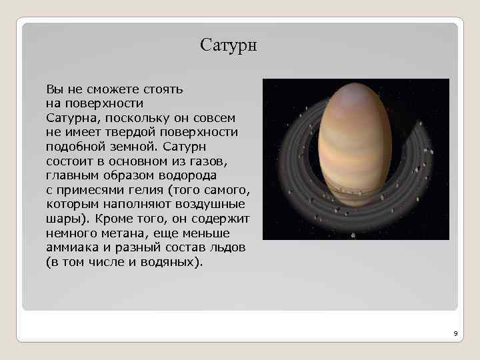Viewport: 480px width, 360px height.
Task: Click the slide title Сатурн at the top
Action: pyautogui.click(x=228, y=46)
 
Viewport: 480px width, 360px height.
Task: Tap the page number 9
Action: pyautogui.click(x=455, y=333)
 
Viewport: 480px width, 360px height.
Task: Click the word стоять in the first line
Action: pyautogui.click(x=162, y=89)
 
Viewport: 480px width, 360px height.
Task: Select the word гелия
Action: pyautogui.click(x=127, y=190)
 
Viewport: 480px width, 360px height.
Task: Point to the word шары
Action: pyautogui.click(x=60, y=219)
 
